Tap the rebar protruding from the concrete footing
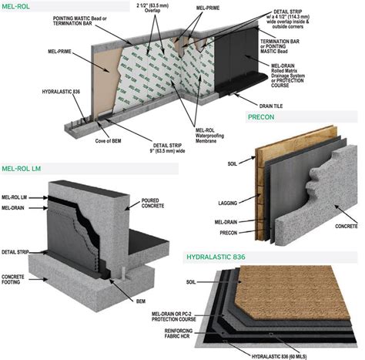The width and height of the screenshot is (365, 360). click(x=122, y=274)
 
